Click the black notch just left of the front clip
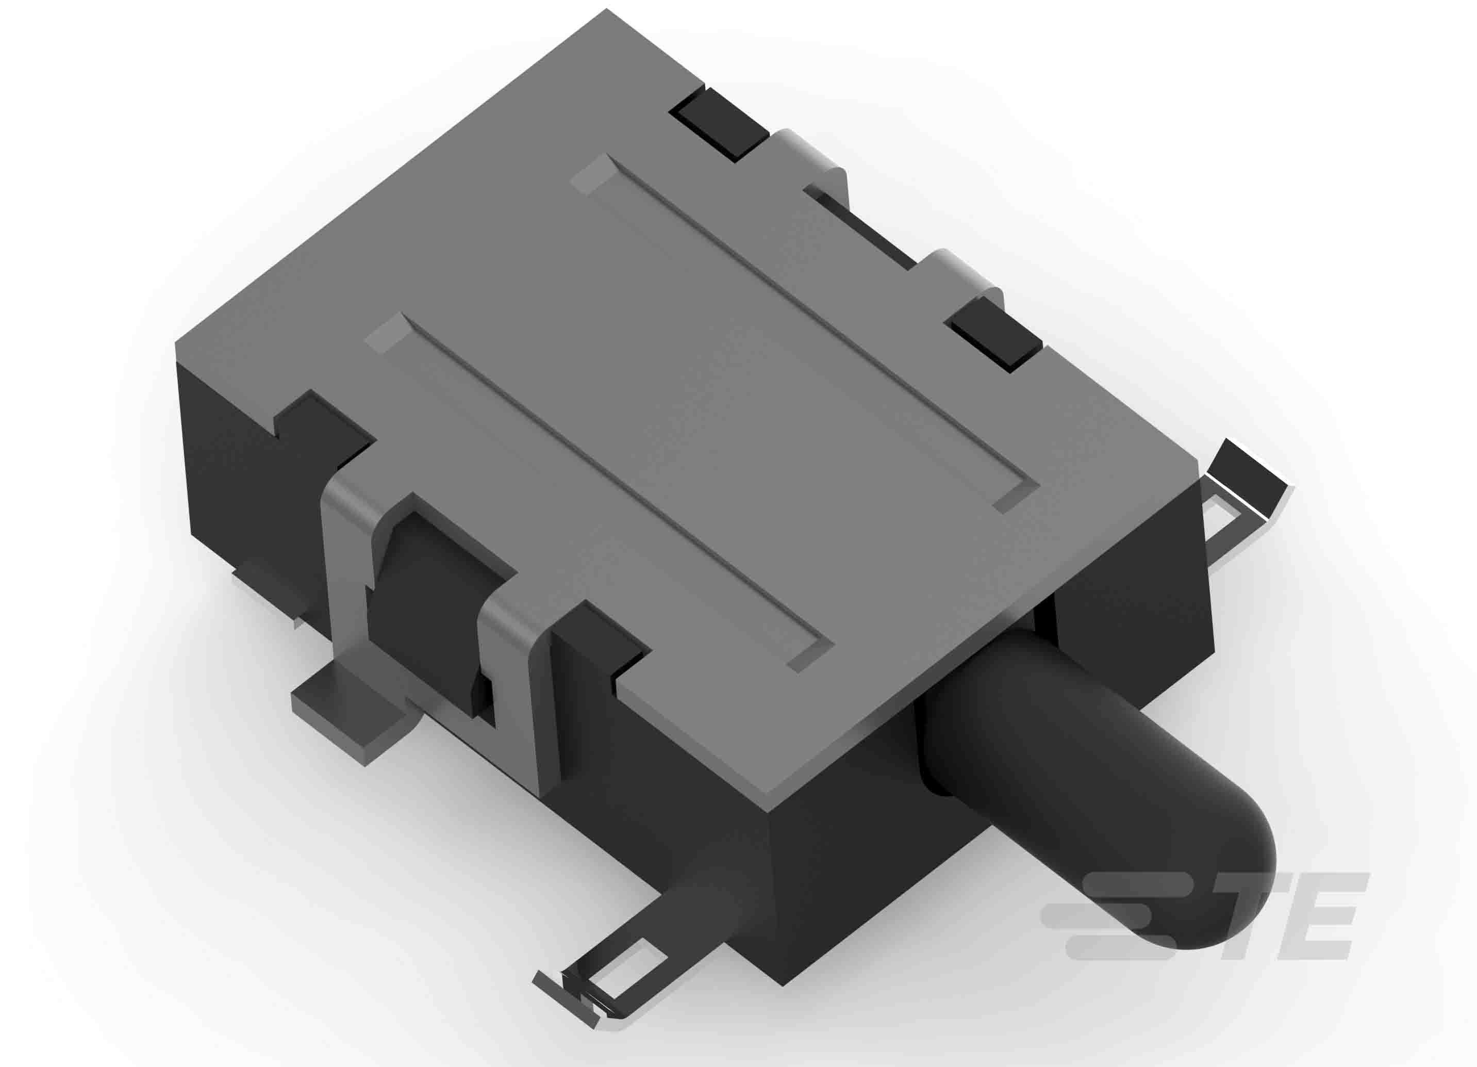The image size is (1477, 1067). pyautogui.click(x=326, y=423)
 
